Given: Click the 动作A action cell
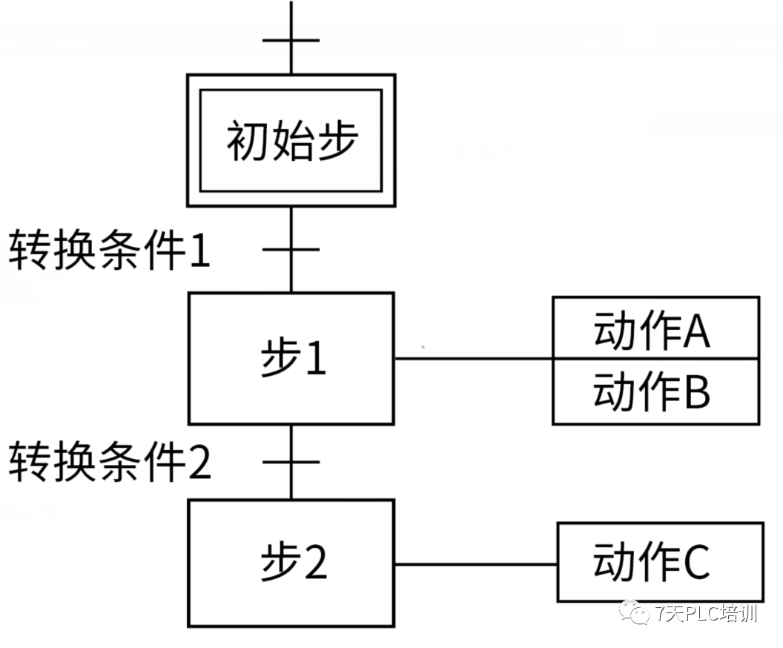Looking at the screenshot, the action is coord(655,328).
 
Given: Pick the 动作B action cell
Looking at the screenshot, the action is coord(655,391).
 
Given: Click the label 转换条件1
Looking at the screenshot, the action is coord(109,250).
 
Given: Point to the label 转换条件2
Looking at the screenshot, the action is coord(110,462).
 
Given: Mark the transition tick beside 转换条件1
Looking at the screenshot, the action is coord(291,249).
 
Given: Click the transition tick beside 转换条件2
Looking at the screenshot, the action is coord(291,462).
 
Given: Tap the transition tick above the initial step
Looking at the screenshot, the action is coord(291,40).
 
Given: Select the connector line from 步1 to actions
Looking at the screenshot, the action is coord(473,358).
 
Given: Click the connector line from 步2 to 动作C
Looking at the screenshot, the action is coord(475,565).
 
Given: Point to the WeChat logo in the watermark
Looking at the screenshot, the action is coord(634,612).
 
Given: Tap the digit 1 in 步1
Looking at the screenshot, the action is coord(316,358).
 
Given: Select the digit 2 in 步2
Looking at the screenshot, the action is coord(316,563).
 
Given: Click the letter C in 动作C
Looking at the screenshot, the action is coord(696,562).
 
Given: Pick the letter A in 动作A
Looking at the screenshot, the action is coord(696,331).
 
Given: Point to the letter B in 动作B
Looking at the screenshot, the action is coord(697,391).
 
